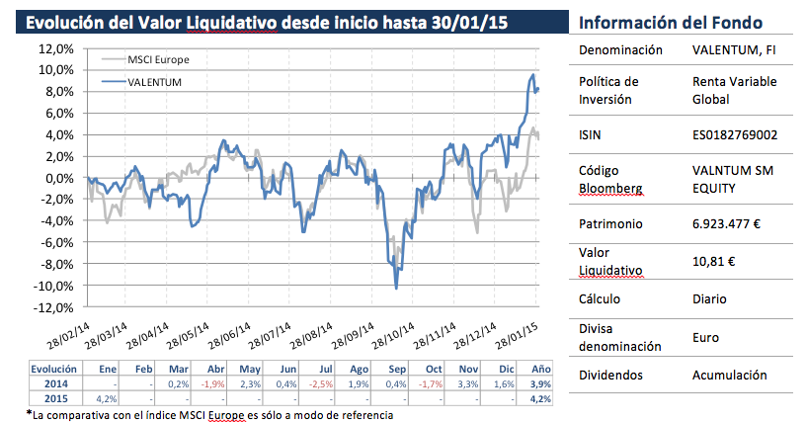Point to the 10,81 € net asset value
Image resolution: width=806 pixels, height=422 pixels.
(x=714, y=262)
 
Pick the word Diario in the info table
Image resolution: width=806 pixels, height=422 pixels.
(x=710, y=298)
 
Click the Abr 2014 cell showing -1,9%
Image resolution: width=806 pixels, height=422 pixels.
(x=213, y=383)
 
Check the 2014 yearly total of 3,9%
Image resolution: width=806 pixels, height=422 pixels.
(x=541, y=383)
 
